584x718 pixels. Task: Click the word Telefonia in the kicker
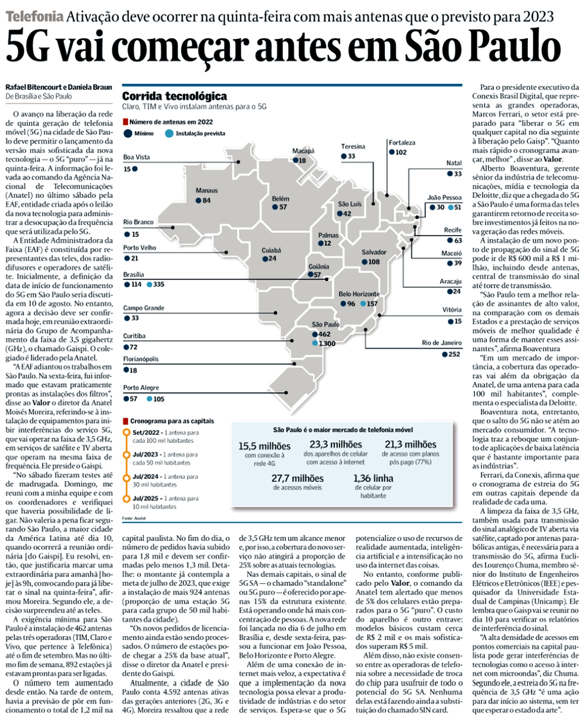(x=34, y=16)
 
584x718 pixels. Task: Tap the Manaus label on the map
(x=207, y=191)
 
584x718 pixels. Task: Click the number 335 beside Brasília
(x=159, y=285)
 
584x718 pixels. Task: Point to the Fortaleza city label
(x=402, y=143)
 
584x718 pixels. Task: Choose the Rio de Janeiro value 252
(x=454, y=354)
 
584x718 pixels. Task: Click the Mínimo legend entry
(x=143, y=133)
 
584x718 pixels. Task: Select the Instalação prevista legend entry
(x=200, y=133)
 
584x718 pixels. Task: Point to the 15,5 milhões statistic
(x=264, y=446)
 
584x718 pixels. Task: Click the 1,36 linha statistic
(x=373, y=478)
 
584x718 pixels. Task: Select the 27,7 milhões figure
(x=297, y=478)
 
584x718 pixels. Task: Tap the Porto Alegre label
(x=141, y=388)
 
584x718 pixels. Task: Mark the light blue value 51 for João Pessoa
(x=457, y=207)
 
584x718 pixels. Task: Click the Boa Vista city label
(x=136, y=157)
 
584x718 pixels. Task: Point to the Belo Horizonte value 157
(x=372, y=304)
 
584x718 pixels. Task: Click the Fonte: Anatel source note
(x=133, y=518)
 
